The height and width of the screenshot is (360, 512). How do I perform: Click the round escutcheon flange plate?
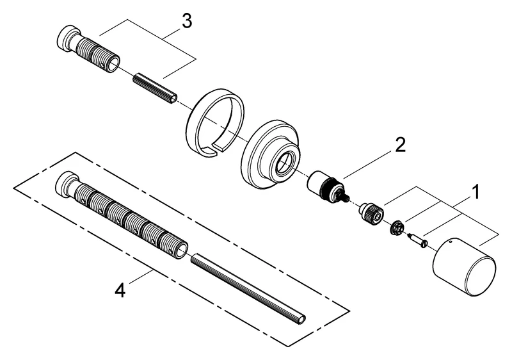[269, 156]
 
